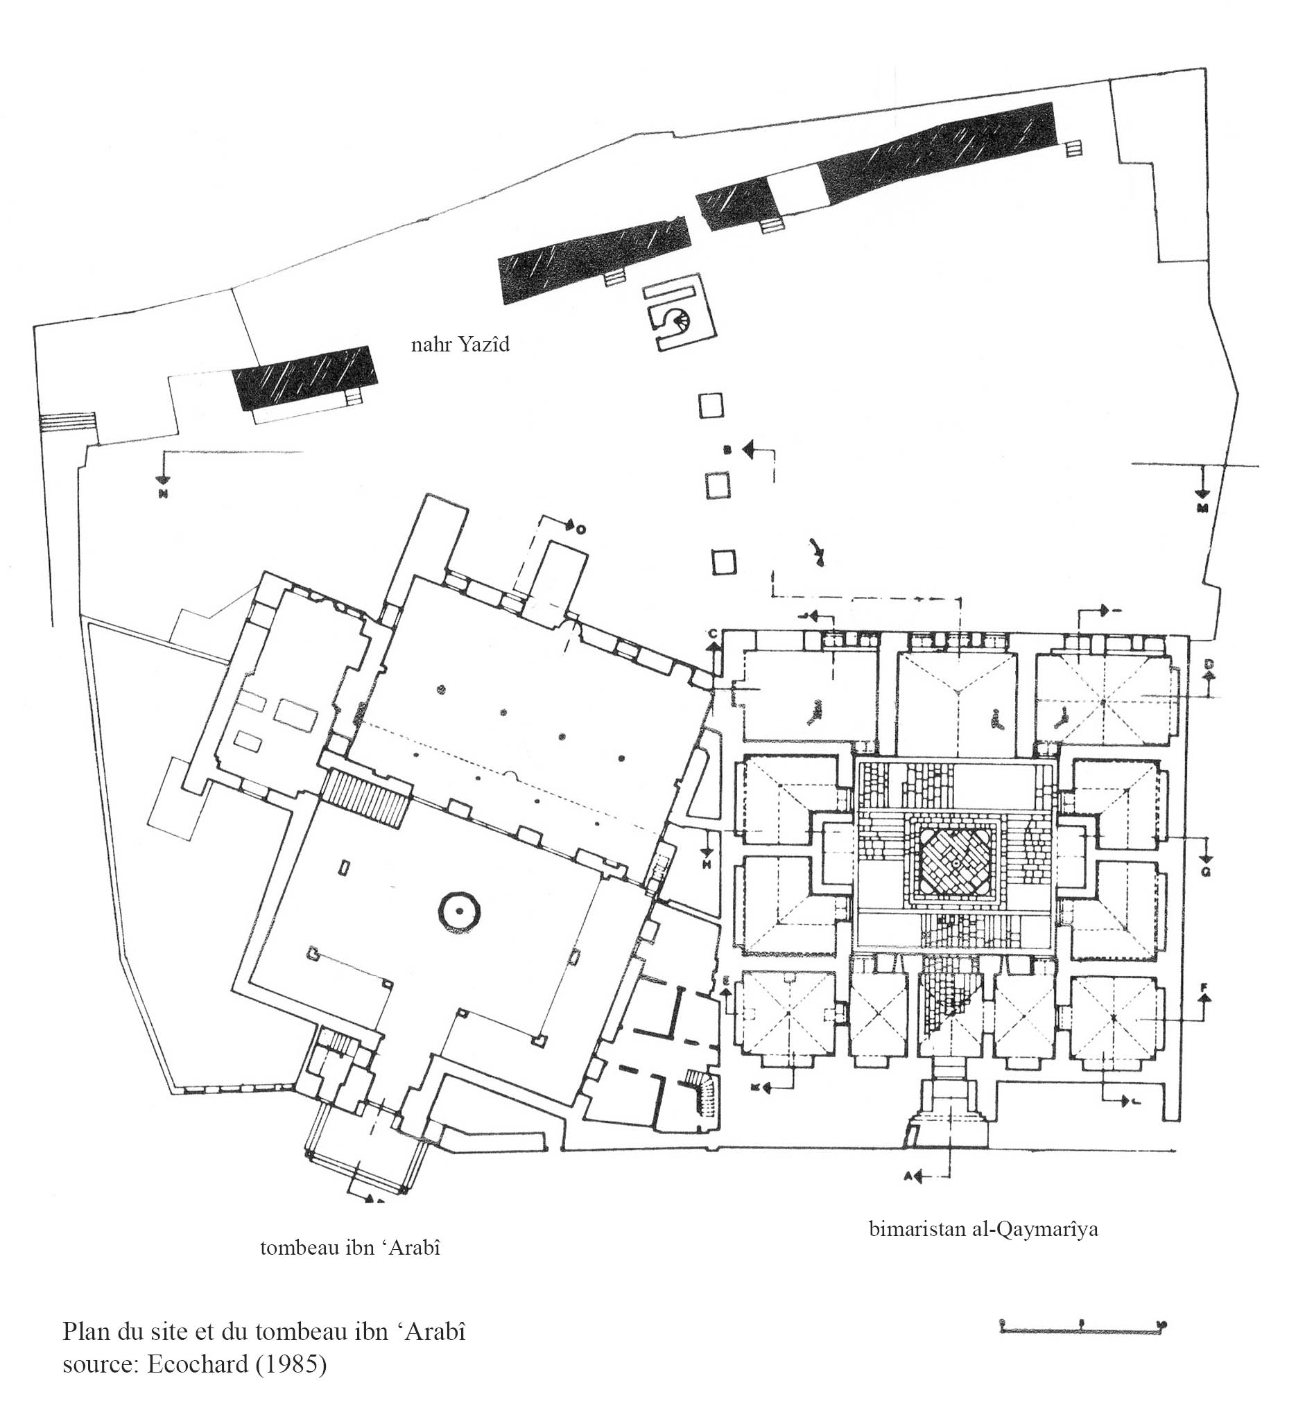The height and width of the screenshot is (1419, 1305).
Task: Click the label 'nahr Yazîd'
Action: (x=460, y=345)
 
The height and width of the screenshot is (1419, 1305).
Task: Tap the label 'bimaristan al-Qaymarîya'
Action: (x=983, y=1229)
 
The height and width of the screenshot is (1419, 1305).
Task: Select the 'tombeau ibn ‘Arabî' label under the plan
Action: (x=350, y=1248)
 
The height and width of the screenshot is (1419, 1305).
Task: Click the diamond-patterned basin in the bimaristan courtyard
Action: (x=954, y=864)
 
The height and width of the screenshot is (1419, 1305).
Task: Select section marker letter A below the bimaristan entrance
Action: (x=910, y=1176)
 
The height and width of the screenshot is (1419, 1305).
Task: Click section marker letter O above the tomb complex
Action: (x=580, y=530)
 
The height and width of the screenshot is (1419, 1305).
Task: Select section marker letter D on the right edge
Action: (x=1208, y=663)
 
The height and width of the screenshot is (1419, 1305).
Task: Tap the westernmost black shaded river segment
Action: (x=305, y=378)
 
